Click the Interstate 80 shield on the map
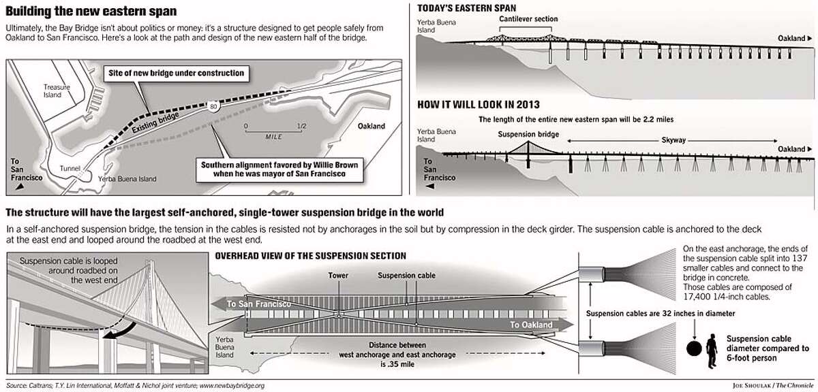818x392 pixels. pos(215,105)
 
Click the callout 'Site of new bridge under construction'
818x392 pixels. pos(174,73)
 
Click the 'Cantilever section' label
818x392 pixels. pos(528,19)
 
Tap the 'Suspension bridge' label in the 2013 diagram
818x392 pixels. pos(527,133)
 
